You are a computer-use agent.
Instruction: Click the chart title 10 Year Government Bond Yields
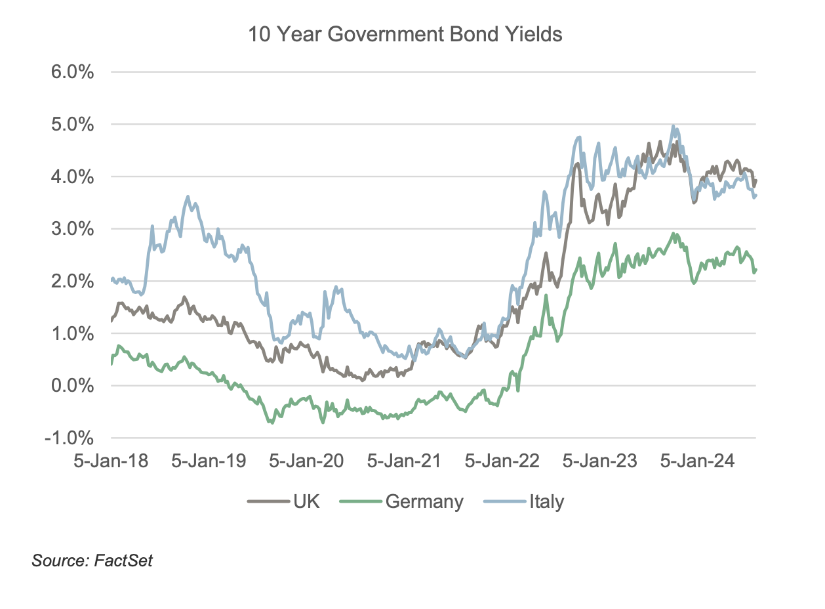coord(405,34)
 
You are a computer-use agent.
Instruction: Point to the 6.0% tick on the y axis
coord(71,72)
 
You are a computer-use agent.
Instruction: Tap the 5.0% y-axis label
coord(71,125)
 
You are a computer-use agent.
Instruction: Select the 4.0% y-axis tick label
coord(71,177)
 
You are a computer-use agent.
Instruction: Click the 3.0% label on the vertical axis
coord(71,229)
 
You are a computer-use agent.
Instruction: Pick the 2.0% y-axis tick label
coord(71,282)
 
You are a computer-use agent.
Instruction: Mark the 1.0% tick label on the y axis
coord(71,334)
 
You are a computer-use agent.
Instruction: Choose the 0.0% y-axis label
coord(71,386)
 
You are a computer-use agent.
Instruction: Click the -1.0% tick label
coord(69,438)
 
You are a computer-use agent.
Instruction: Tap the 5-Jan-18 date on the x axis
coord(111,461)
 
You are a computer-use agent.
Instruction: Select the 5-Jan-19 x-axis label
coord(209,461)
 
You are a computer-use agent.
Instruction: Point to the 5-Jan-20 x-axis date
coord(306,461)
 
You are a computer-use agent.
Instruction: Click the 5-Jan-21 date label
coord(404,461)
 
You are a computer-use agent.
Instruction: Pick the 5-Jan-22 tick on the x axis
coord(502,461)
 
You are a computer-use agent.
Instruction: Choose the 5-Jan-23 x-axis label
coord(599,461)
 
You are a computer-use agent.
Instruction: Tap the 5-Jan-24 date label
coord(697,461)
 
